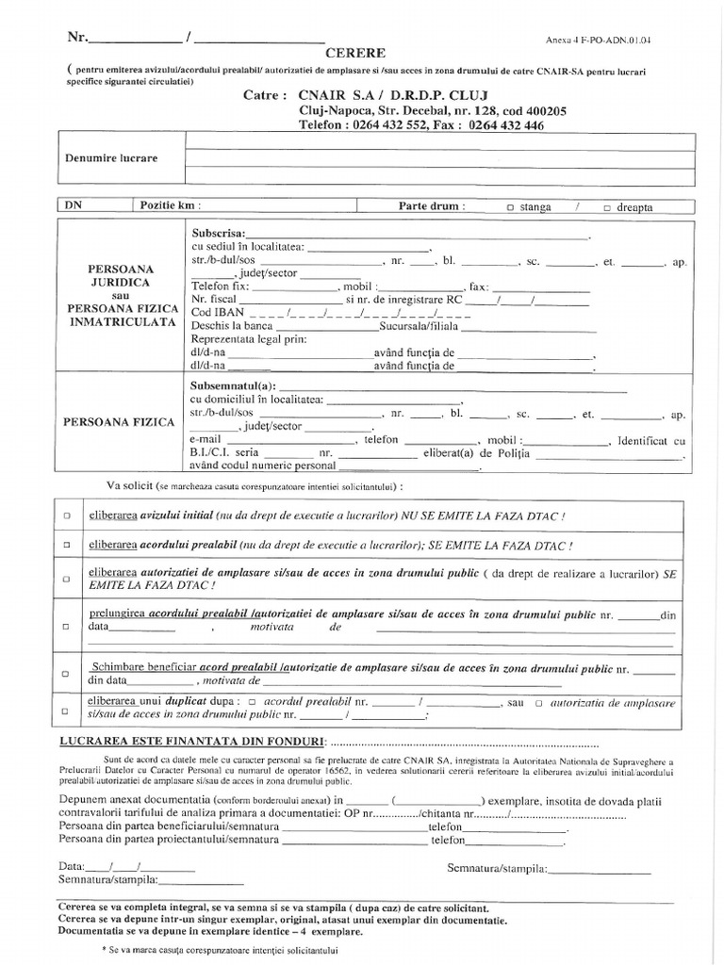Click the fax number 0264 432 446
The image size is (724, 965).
[505, 125]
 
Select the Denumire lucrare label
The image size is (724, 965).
[111, 158]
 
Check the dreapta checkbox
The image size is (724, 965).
[606, 207]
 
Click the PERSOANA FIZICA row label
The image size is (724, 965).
[119, 423]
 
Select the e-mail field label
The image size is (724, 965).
[205, 440]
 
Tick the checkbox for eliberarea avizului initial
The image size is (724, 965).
[66, 517]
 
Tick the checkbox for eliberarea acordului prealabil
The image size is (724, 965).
[66, 547]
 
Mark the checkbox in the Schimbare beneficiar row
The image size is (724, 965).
[66, 674]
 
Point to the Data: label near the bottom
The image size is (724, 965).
[72, 866]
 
